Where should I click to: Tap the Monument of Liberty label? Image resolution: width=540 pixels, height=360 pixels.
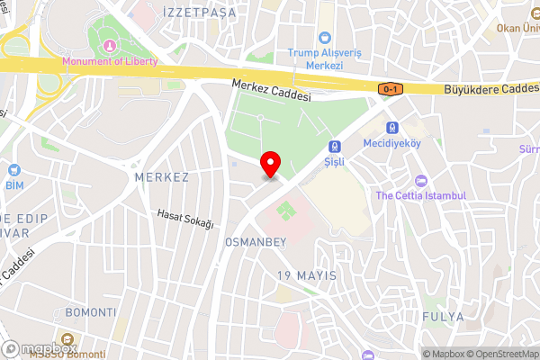[x=109, y=61]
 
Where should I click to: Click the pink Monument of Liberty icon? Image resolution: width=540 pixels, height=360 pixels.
[x=109, y=45]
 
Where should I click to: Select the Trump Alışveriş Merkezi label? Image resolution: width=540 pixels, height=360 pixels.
[x=324, y=53]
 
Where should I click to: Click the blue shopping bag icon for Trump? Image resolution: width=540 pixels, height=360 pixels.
[x=324, y=37]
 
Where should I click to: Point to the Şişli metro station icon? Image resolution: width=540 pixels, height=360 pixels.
[x=335, y=146]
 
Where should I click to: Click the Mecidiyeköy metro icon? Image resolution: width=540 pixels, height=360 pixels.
[x=391, y=127]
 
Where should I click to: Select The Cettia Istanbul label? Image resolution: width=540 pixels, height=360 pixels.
[x=420, y=195]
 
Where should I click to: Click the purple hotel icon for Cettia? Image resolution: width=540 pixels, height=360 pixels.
[x=420, y=179]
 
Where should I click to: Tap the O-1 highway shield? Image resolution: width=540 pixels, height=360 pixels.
[x=391, y=89]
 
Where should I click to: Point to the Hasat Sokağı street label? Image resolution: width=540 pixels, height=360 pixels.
[x=184, y=218]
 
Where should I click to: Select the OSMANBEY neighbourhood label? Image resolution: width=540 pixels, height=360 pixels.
[x=255, y=243]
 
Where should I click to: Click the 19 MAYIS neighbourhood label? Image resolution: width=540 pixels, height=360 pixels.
[x=307, y=274]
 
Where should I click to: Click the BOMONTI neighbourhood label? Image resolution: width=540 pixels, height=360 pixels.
[x=91, y=312]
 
